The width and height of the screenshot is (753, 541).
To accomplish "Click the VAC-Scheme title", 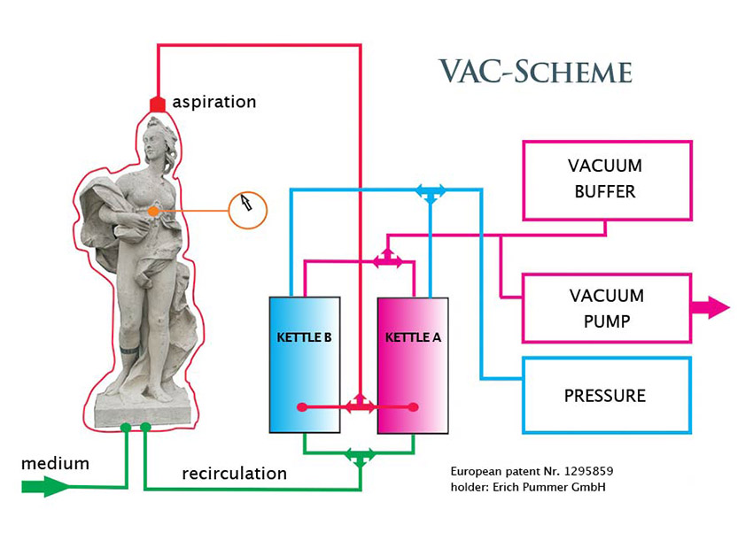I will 535,71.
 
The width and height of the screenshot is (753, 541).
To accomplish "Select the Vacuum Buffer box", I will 606,179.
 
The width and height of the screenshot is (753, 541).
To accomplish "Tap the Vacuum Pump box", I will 606,308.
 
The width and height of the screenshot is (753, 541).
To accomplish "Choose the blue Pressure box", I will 606,395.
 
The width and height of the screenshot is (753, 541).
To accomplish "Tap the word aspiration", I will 213,102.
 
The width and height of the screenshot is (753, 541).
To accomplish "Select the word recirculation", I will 234,474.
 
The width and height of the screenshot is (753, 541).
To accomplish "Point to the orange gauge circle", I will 247,210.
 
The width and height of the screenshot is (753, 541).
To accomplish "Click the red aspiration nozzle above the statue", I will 158,104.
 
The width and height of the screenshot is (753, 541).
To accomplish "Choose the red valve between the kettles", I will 360,406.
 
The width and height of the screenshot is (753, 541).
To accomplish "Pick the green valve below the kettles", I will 360,457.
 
